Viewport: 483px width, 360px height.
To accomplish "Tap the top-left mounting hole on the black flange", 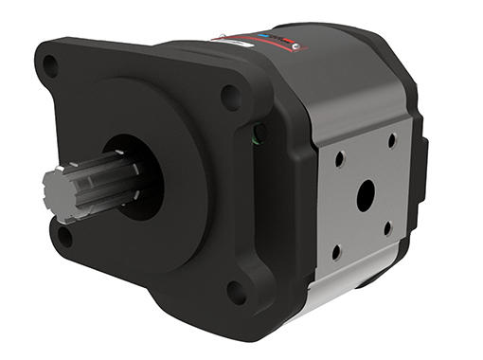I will [x=50, y=66].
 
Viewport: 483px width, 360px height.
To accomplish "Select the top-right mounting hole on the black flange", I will [x=230, y=95].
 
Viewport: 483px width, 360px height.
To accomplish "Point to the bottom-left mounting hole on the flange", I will [x=63, y=236].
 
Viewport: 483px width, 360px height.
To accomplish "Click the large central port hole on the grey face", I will [x=365, y=196].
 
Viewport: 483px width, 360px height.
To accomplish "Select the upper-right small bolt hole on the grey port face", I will [x=391, y=140].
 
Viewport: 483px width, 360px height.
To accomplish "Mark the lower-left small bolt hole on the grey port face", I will [x=336, y=252].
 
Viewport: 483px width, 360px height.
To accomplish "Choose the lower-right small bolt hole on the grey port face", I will [x=387, y=229].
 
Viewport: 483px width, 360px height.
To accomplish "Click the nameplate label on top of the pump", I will [x=260, y=43].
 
